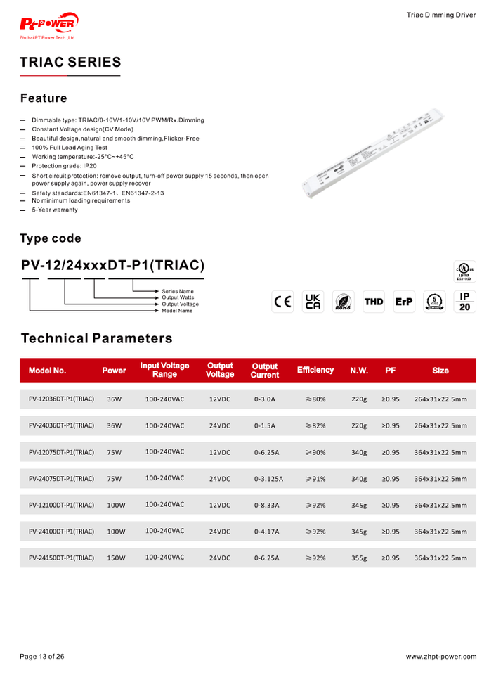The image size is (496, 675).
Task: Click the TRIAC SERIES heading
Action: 70,63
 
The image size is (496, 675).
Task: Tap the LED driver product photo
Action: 376,152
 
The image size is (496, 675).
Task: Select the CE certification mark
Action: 282,302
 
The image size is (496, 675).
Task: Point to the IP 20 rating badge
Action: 464,302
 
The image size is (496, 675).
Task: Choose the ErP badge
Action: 404,302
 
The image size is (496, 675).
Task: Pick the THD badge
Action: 374,302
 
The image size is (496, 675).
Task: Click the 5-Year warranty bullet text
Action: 55,210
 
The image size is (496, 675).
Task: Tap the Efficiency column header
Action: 315,370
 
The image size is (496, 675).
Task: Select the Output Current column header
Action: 265,371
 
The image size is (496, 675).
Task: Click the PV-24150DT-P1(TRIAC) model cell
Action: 61,558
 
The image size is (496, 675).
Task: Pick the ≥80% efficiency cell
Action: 315,399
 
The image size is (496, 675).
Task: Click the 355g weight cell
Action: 359,558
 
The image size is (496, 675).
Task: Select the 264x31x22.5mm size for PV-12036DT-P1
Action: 440,399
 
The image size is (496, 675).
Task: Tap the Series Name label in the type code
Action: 178,291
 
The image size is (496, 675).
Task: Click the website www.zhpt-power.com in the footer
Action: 440,657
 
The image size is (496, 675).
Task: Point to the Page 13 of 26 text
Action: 42,657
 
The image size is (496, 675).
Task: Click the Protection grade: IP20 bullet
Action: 64,166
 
